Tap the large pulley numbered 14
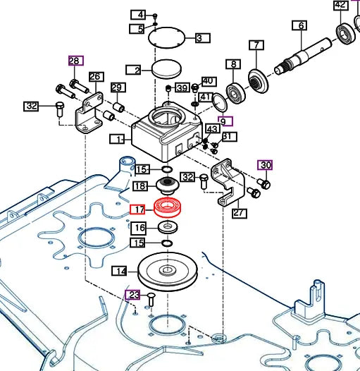click(x=167, y=270)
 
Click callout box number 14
click(x=121, y=272)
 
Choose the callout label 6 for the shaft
click(x=301, y=26)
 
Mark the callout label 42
click(x=340, y=6)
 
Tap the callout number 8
click(x=232, y=65)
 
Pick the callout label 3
click(x=199, y=37)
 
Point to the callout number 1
click(x=118, y=139)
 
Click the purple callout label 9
click(x=224, y=121)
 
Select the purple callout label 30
click(x=265, y=165)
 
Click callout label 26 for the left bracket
click(x=96, y=77)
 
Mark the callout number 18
click(x=139, y=186)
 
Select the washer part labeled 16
click(x=168, y=228)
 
